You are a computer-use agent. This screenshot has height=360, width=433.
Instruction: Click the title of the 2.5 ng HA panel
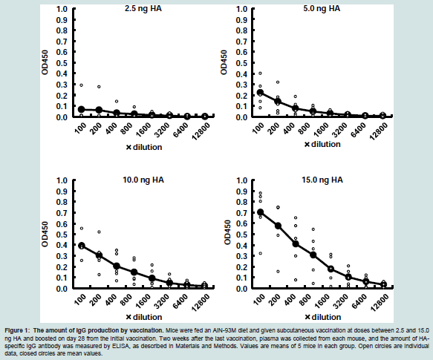pos(143,9)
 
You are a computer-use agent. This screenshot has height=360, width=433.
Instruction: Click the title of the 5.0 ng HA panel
pos(322,9)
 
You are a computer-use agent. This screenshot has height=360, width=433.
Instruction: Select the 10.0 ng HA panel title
pos(143,180)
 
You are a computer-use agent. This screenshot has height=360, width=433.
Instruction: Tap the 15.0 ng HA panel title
pos(322,180)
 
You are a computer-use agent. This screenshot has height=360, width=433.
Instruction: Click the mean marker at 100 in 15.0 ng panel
pos(260,212)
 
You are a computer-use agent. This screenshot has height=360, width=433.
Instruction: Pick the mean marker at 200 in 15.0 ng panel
pos(278,226)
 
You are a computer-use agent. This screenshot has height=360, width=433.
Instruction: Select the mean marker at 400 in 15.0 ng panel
pos(296,243)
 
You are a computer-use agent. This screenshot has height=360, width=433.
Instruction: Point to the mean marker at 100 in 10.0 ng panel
pos(82,246)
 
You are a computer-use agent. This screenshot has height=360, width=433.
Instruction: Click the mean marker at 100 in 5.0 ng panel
pos(260,92)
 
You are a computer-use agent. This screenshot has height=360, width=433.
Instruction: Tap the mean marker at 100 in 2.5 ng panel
pos(82,109)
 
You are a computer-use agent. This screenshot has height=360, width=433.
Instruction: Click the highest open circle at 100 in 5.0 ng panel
pos(260,73)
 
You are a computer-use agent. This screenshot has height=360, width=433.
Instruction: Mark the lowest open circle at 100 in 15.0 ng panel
pos(260,253)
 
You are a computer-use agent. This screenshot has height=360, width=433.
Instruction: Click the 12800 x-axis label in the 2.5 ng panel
pos(201,131)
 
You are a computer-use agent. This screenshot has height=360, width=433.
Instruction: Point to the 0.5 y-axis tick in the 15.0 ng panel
pos(242,235)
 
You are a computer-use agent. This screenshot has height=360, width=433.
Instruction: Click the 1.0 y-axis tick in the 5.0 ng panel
pos(242,9)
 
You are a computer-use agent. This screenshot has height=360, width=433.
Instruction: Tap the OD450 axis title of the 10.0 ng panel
pos(45,234)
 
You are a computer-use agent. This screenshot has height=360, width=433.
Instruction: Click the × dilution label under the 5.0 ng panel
pos(322,145)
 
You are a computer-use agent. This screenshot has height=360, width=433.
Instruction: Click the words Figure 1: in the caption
pos(17,330)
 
